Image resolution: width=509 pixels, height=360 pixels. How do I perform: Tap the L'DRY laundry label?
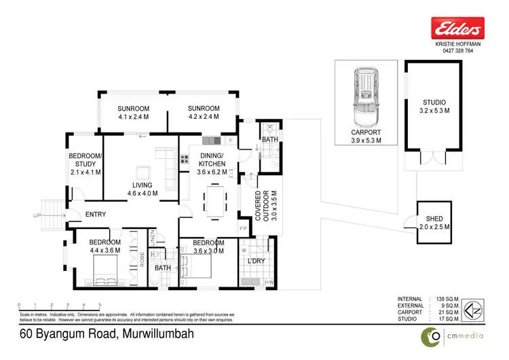point(256,260)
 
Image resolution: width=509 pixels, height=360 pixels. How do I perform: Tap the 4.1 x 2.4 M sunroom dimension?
point(132,117)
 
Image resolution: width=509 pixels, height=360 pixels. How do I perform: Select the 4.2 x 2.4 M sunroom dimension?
point(204,117)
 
